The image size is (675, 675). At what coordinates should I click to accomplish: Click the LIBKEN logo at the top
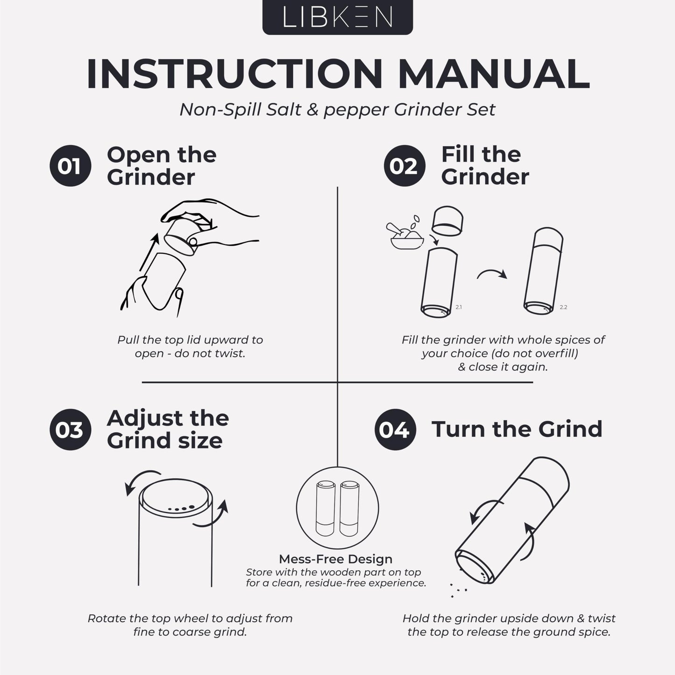pyautogui.click(x=337, y=17)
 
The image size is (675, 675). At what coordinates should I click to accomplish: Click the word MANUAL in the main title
pyautogui.click(x=494, y=74)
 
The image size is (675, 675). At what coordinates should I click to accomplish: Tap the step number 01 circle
pyautogui.click(x=71, y=165)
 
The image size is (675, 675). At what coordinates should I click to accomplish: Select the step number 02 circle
pyautogui.click(x=405, y=165)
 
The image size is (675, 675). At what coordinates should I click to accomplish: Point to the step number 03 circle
pyautogui.click(x=71, y=430)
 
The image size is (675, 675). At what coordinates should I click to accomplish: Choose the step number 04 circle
pyautogui.click(x=395, y=430)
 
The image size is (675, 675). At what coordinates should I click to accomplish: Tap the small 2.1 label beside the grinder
pyautogui.click(x=459, y=307)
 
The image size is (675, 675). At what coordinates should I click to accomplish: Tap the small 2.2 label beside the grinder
pyautogui.click(x=563, y=307)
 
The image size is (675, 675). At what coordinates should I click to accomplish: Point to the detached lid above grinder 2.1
pyautogui.click(x=448, y=221)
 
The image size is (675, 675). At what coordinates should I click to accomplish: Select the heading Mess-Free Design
pyautogui.click(x=335, y=559)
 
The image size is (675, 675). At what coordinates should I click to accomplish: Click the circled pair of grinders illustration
pyautogui.click(x=337, y=508)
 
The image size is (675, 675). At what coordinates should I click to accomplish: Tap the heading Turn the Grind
pyautogui.click(x=517, y=429)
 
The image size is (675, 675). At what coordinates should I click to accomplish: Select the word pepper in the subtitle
pyautogui.click(x=356, y=111)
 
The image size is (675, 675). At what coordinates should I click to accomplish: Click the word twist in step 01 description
pyautogui.click(x=230, y=353)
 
